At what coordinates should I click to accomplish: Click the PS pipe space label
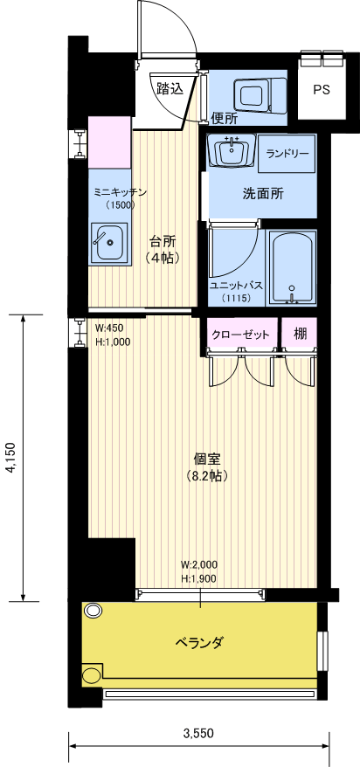click(x=321, y=90)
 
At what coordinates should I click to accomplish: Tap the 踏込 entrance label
click(x=170, y=88)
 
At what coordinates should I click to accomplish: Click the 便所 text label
click(x=225, y=118)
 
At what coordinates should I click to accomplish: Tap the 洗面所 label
click(x=263, y=194)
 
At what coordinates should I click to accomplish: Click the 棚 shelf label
click(x=300, y=332)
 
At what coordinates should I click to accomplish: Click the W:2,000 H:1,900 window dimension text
click(x=199, y=571)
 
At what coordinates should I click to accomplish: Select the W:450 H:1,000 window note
click(x=112, y=335)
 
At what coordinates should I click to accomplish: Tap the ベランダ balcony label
click(x=199, y=643)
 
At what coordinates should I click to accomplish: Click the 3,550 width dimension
click(x=198, y=733)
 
